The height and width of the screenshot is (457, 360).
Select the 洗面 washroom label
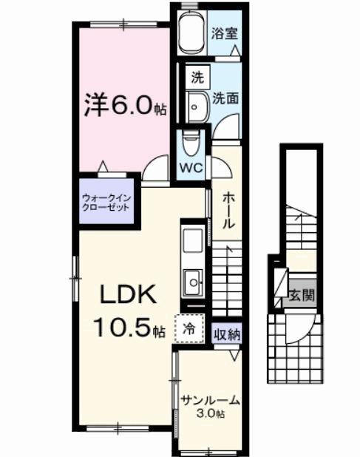225,98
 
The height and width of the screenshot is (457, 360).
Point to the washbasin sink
198,108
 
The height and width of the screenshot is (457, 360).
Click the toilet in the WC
191,141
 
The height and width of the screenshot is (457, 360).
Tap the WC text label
191,167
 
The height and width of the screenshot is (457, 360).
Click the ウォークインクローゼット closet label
106,203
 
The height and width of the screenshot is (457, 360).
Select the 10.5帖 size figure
127,326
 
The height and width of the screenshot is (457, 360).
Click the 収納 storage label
227,334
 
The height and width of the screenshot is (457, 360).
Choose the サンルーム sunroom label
210,401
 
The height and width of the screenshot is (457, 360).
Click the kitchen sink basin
194,281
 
